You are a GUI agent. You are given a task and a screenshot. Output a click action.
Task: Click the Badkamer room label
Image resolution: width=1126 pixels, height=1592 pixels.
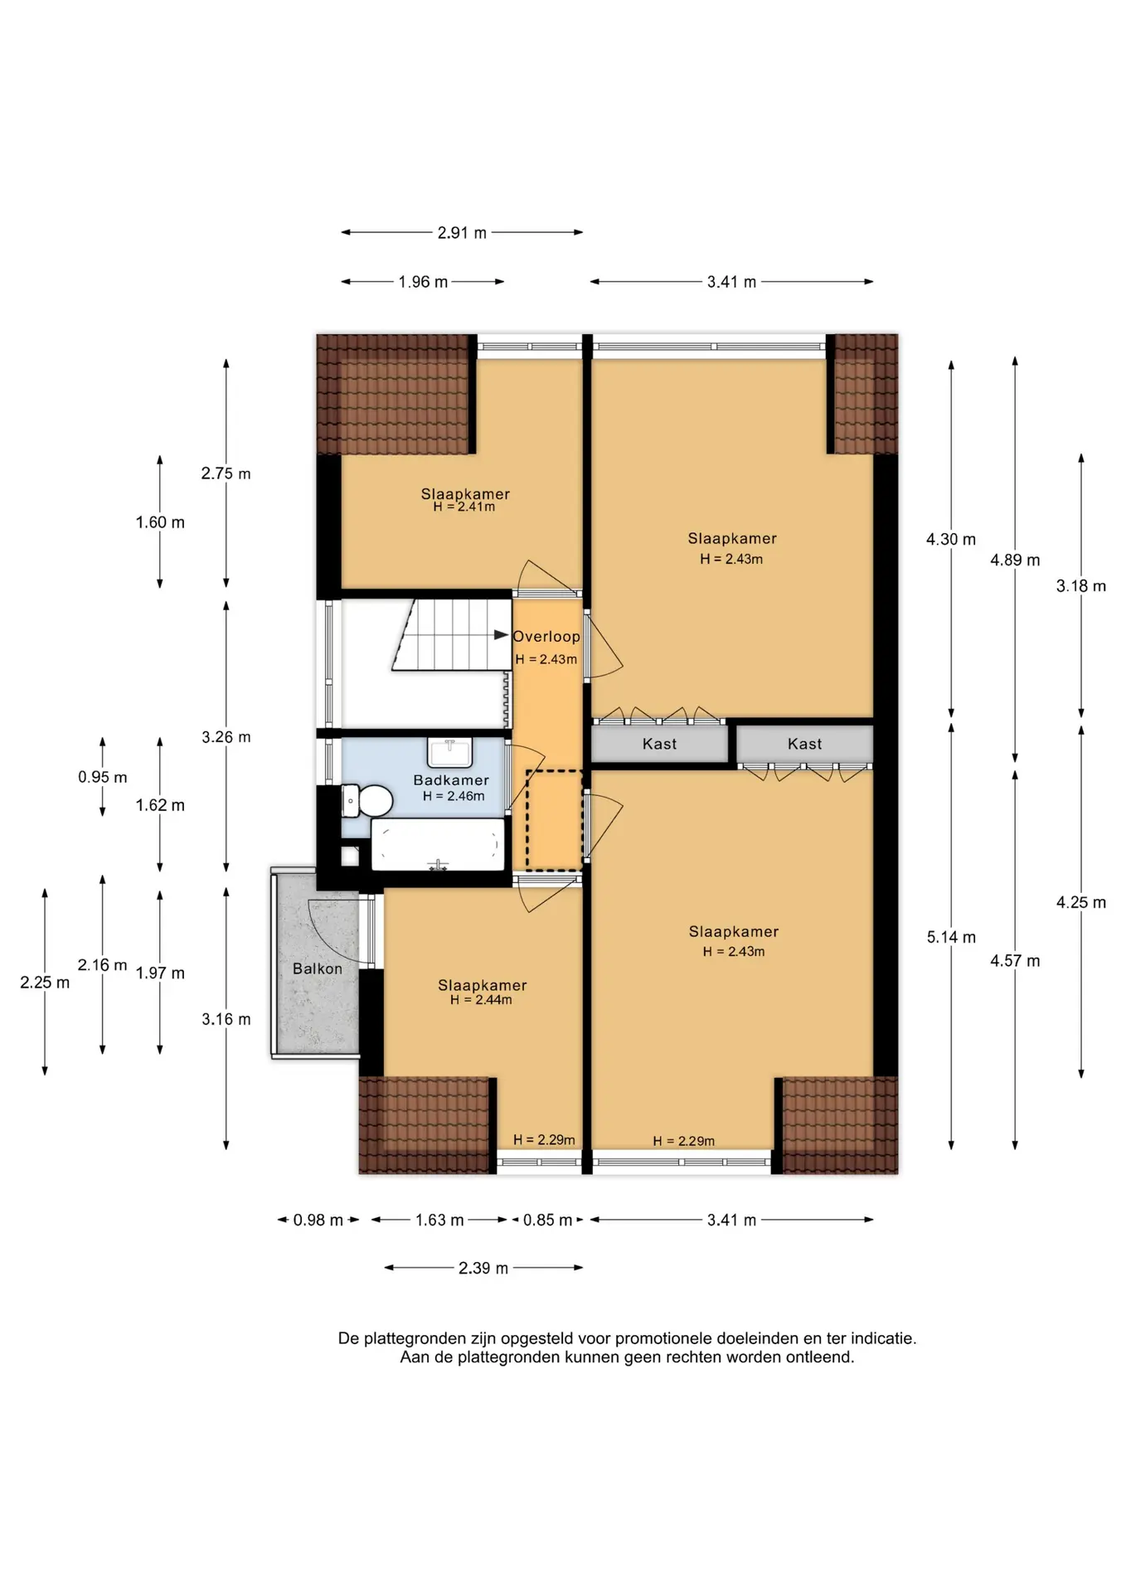pyautogui.click(x=451, y=780)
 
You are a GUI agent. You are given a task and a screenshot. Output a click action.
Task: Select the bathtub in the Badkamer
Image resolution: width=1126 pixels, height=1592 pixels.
pyautogui.click(x=437, y=844)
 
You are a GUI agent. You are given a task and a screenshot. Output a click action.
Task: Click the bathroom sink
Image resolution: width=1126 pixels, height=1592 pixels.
pyautogui.click(x=449, y=753)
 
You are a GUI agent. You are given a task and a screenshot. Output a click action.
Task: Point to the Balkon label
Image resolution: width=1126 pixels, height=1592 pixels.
pyautogui.click(x=318, y=968)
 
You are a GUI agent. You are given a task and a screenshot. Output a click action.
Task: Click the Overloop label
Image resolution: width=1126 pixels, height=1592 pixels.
pyautogui.click(x=546, y=637)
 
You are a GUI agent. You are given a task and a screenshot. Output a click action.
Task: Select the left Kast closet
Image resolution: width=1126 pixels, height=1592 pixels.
pyautogui.click(x=659, y=744)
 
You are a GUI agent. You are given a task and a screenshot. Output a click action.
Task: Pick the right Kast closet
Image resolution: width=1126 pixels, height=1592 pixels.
pyautogui.click(x=805, y=744)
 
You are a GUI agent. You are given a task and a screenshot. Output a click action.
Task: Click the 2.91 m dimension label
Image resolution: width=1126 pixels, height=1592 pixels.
pyautogui.click(x=462, y=233)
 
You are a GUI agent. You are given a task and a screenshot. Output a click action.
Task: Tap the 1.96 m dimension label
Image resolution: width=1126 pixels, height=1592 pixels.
pyautogui.click(x=423, y=282)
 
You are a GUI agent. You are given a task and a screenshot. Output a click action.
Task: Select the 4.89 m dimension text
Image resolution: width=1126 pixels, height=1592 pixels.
pyautogui.click(x=1015, y=560)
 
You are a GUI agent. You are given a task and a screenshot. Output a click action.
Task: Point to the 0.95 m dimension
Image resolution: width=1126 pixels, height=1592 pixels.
pyautogui.click(x=103, y=777)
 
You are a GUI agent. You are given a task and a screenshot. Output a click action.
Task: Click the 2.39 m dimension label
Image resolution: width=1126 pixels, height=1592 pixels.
pyautogui.click(x=483, y=1268)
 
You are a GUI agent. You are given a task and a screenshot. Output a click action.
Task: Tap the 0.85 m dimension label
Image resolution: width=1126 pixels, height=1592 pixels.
pyautogui.click(x=547, y=1220)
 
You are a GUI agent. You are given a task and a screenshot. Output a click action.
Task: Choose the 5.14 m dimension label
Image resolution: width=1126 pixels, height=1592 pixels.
pyautogui.click(x=951, y=937)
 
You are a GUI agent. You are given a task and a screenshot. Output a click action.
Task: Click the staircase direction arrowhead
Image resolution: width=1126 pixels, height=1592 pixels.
pyautogui.click(x=502, y=635)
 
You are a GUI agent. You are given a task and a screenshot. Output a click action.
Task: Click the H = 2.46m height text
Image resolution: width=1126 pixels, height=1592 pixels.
pyautogui.click(x=454, y=796)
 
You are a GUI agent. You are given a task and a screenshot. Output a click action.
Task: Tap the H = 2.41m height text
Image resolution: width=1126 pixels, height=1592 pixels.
pyautogui.click(x=464, y=507)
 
